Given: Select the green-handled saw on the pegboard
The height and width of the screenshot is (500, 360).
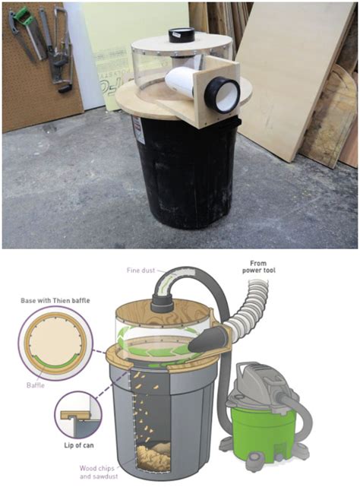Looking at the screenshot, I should click(x=23, y=34).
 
